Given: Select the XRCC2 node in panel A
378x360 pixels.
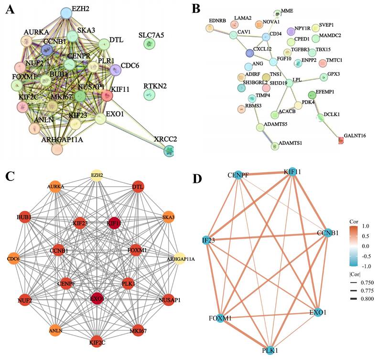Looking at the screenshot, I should pos(169,151).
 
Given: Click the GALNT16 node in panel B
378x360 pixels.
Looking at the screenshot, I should pos(341,140).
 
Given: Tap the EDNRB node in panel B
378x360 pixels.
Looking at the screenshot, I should pos(210,29).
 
